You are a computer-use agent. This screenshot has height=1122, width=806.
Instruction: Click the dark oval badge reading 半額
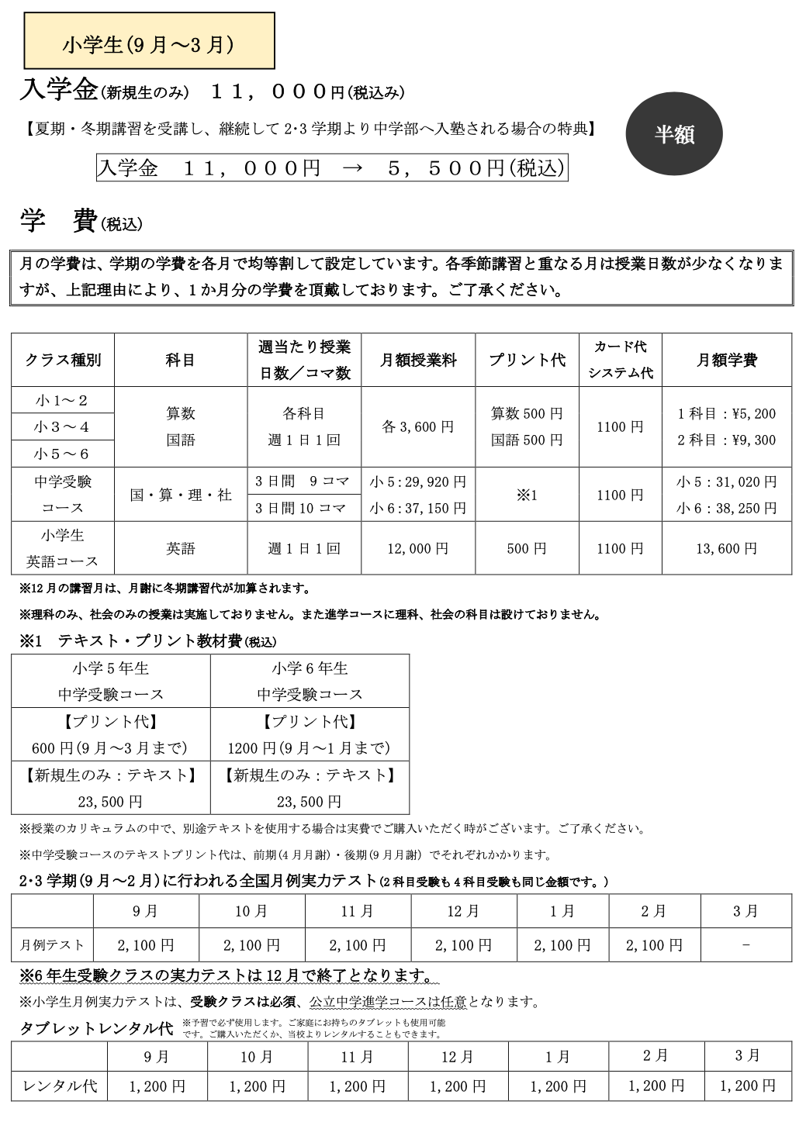click(x=673, y=134)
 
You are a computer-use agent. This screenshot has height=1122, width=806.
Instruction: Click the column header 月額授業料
click(x=418, y=360)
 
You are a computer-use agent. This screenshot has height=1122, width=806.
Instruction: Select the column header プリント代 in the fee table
click(x=527, y=360)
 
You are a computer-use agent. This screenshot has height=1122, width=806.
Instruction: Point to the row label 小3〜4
click(x=62, y=426)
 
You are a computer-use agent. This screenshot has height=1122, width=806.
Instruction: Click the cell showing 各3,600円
click(x=418, y=426)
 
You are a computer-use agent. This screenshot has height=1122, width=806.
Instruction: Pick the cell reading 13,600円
click(x=726, y=548)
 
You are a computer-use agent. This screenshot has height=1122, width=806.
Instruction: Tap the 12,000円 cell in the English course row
click(x=418, y=548)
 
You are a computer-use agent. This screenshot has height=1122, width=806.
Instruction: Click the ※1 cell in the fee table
click(x=527, y=495)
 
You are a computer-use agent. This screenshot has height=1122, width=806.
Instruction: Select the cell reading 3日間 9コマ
click(x=303, y=481)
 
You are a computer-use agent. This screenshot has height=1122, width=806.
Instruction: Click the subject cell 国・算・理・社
click(x=181, y=495)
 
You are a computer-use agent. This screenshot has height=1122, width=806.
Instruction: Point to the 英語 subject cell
click(x=181, y=548)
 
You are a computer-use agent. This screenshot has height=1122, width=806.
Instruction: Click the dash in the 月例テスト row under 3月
click(x=745, y=945)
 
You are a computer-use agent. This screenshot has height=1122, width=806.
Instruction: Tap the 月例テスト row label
click(x=52, y=945)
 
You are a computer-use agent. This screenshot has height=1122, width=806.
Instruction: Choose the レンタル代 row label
click(x=60, y=1086)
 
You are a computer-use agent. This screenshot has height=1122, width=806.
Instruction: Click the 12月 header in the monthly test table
click(x=463, y=911)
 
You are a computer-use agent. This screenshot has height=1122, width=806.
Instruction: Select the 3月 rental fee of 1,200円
click(x=747, y=1086)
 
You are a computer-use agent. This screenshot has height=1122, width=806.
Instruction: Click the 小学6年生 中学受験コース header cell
click(x=310, y=681)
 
